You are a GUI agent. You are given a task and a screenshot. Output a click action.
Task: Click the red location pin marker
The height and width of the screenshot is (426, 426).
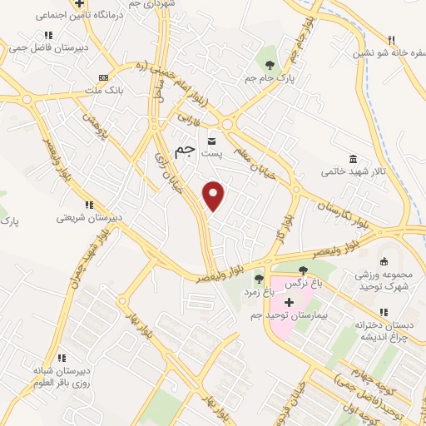(x=215, y=196)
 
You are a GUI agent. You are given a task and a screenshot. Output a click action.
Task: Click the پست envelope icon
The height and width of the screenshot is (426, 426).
(x=213, y=141)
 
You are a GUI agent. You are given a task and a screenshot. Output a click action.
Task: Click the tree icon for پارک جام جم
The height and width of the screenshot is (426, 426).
(x=268, y=64)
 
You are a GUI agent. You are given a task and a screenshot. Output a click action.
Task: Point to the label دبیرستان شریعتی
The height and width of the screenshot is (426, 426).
(x=89, y=217)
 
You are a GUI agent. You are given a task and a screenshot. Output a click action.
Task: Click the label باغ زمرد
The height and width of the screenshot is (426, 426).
(x=258, y=293)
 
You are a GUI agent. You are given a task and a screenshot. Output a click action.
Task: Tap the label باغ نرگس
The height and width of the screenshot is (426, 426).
(x=304, y=284)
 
